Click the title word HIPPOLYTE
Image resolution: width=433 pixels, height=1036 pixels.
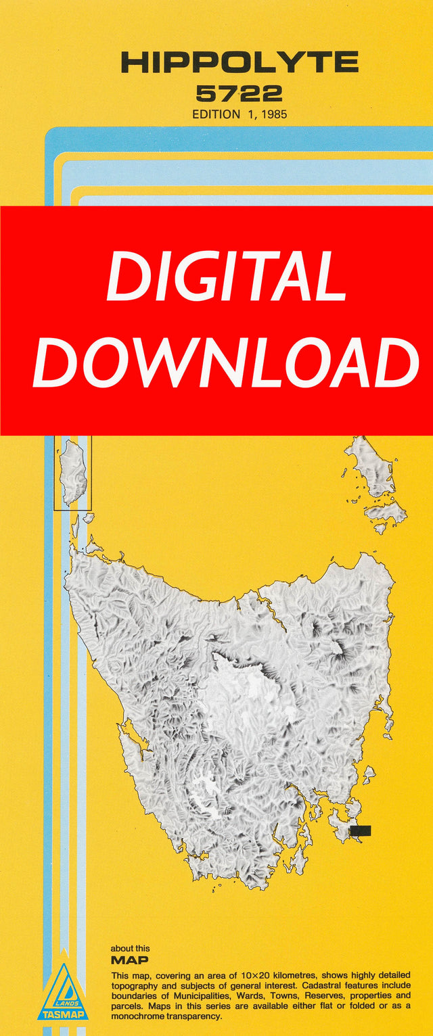pos(240,63)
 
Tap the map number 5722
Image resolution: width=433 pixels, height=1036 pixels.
pos(240,93)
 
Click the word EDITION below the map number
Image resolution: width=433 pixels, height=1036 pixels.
pos(216,114)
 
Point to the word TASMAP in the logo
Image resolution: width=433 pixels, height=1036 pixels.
pos(63,1014)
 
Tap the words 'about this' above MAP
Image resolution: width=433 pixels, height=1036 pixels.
pos(130,949)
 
